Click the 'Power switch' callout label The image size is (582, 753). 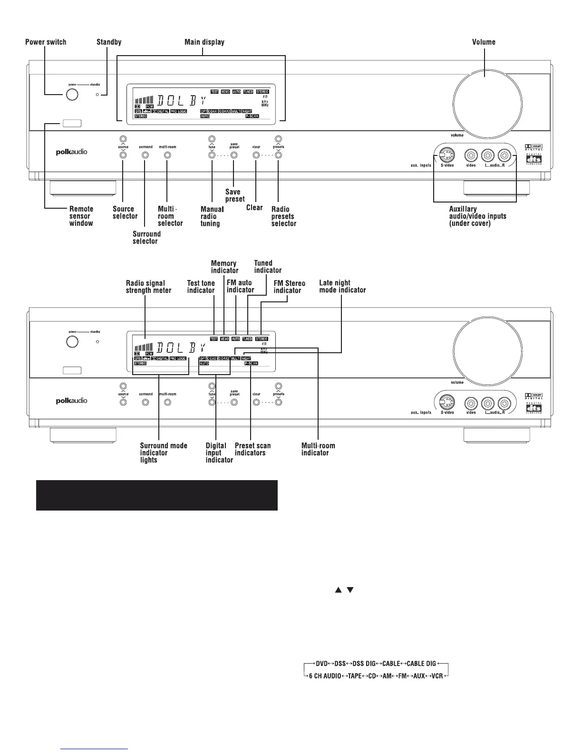click(46, 42)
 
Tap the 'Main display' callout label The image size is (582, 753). click(204, 42)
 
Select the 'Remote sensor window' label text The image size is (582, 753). click(81, 216)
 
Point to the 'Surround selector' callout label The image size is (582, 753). click(146, 237)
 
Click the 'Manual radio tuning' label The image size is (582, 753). click(212, 216)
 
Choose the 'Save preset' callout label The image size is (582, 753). click(234, 195)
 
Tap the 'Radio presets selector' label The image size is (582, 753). click(283, 216)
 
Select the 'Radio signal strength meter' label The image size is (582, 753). click(148, 287)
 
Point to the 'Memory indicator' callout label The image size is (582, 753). click(224, 267)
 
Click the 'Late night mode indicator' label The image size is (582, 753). click(342, 286)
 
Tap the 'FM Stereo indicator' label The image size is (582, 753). click(289, 287)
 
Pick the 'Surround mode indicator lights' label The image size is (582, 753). click(163, 453)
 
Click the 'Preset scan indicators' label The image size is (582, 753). click(252, 449)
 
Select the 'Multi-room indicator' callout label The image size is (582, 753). click(318, 449)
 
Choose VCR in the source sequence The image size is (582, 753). click(437, 676)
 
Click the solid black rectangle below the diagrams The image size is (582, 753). click(157, 495)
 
